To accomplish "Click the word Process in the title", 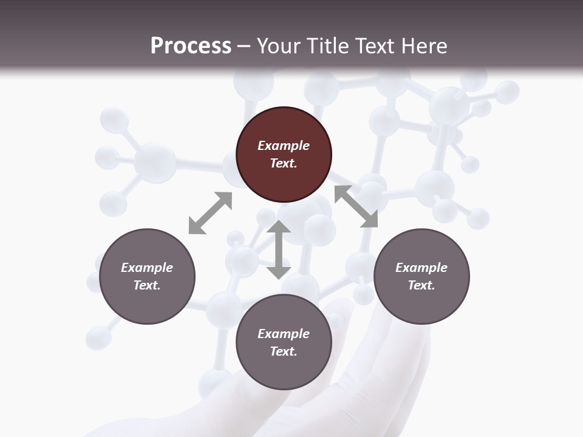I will [191, 46].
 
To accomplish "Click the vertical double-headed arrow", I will [279, 249].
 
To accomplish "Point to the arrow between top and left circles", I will [210, 212].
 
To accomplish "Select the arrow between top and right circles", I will [356, 206].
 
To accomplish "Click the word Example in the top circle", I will [284, 146].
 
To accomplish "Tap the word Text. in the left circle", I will [147, 285].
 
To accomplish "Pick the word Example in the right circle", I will [421, 268].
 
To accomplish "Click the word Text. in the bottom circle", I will [284, 351].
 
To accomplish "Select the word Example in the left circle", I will [147, 268].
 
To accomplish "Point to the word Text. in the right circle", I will [421, 285].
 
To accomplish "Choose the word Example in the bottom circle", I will [284, 334].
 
